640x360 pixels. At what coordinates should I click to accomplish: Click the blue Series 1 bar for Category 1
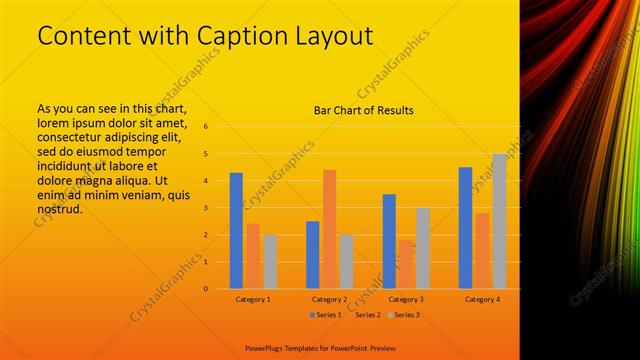pyautogui.click(x=236, y=231)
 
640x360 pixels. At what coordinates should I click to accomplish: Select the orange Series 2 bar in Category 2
pyautogui.click(x=329, y=229)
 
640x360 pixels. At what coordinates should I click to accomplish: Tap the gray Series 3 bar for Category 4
pyautogui.click(x=499, y=221)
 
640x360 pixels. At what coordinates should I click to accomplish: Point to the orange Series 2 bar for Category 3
pyautogui.click(x=405, y=264)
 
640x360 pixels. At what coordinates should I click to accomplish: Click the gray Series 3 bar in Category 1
pyautogui.click(x=270, y=261)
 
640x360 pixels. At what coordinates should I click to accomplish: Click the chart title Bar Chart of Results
pyautogui.click(x=363, y=110)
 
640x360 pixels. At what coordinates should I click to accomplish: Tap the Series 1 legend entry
pyautogui.click(x=326, y=315)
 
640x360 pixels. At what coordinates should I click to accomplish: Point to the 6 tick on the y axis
pyautogui.click(x=205, y=127)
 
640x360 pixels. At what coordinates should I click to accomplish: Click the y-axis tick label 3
pyautogui.click(x=205, y=208)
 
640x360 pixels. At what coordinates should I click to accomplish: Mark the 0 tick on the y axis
pyautogui.click(x=205, y=289)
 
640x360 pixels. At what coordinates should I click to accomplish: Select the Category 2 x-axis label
pyautogui.click(x=329, y=299)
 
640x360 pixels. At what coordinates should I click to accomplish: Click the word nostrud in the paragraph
pyautogui.click(x=58, y=209)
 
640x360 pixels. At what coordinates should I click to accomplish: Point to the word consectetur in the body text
pyautogui.click(x=72, y=137)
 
